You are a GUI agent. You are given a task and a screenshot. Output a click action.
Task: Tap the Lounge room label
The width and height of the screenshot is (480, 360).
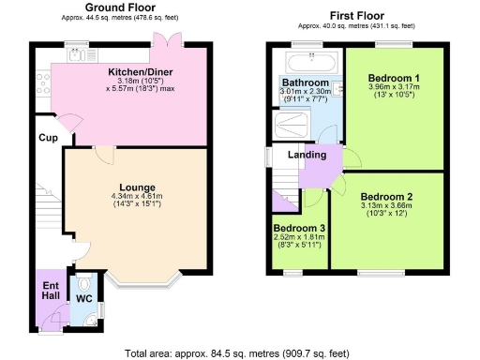136,187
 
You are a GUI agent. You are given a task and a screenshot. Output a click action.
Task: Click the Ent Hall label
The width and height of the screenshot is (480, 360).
49,290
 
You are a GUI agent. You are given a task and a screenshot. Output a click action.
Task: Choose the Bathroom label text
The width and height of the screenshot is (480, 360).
304,82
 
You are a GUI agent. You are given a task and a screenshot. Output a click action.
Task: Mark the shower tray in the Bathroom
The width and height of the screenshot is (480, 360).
295,124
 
